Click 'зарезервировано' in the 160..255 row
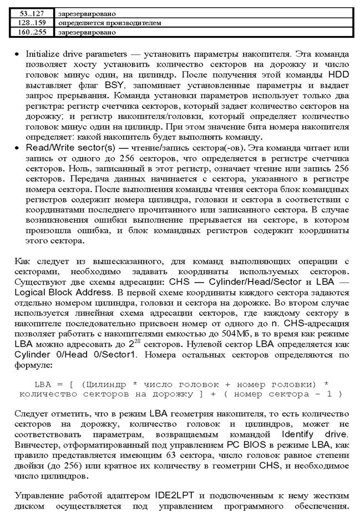point(84,32)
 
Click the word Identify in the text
point(300,432)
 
